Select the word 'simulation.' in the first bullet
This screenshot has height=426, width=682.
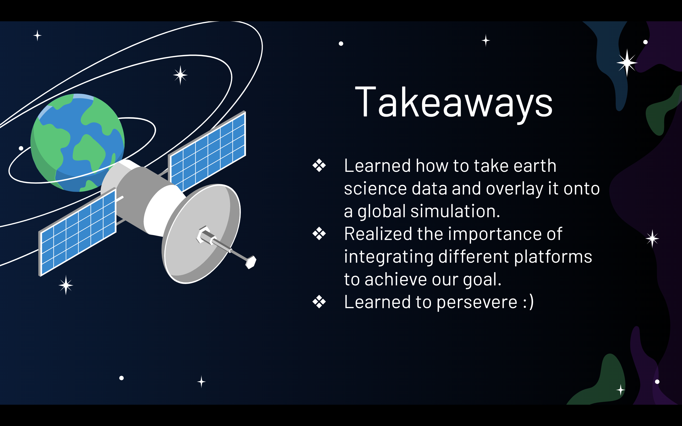[455, 211]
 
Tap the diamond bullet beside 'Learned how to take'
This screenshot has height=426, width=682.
[319, 165]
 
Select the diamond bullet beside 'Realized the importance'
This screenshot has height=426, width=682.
[319, 234]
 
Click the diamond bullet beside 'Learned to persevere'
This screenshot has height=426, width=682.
[319, 302]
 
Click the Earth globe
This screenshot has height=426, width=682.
[77, 142]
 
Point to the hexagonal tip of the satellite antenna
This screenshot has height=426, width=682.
[251, 262]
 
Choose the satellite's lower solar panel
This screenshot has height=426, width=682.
[77, 232]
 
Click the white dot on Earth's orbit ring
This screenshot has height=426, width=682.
[21, 148]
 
